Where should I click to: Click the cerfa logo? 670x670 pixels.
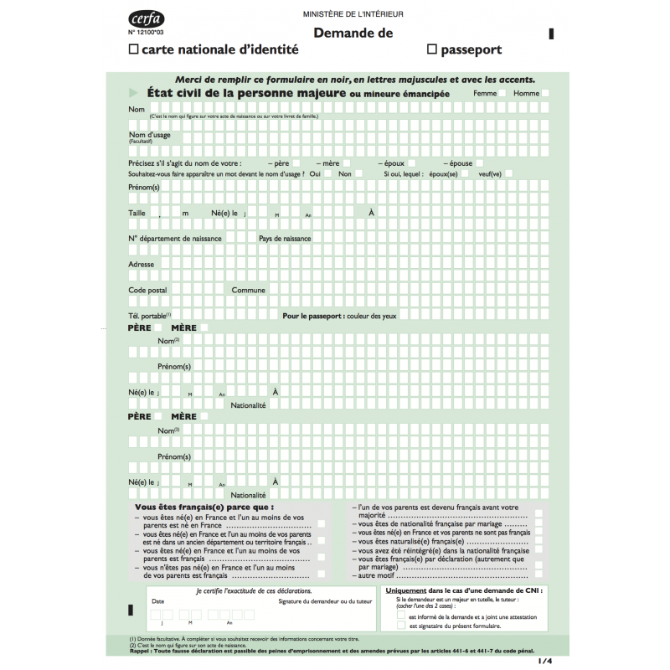147,18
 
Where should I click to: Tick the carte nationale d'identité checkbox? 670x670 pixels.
132,49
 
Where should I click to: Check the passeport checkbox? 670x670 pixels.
432,49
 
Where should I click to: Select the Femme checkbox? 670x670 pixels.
502,93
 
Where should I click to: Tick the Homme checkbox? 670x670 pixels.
545,93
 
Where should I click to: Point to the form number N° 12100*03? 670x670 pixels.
147,33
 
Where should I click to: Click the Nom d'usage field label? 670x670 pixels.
149,135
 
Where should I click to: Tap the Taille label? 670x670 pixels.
137,214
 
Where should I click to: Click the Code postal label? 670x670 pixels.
147,290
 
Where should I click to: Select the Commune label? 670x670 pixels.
249,290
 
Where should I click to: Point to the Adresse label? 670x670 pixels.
141,264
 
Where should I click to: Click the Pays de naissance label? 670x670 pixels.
285,239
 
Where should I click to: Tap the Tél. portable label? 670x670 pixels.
148,316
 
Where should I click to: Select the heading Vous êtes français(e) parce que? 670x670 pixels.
204,507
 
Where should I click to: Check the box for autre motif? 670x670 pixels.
539,575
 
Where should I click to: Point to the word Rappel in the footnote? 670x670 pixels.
141,650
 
